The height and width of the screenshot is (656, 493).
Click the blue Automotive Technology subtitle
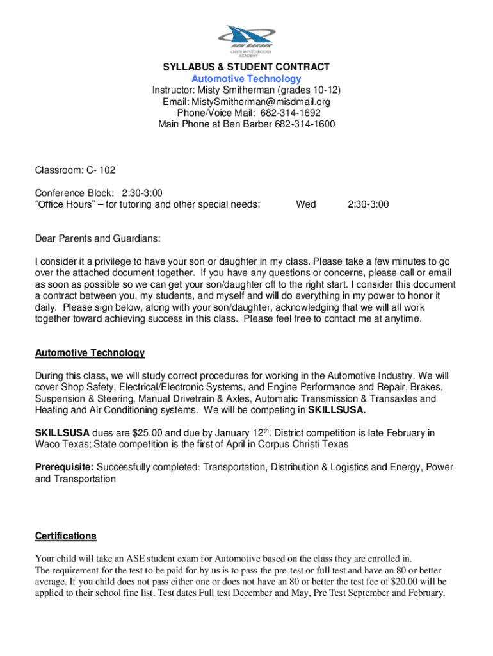coord(247,78)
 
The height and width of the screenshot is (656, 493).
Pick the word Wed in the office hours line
coord(305,204)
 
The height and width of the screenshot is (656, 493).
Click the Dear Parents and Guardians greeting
coord(97,238)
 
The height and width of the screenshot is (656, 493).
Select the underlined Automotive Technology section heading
coord(90,353)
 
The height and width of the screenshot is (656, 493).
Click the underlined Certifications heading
coord(65,536)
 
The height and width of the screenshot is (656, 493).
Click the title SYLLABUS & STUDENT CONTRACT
coord(247,67)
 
